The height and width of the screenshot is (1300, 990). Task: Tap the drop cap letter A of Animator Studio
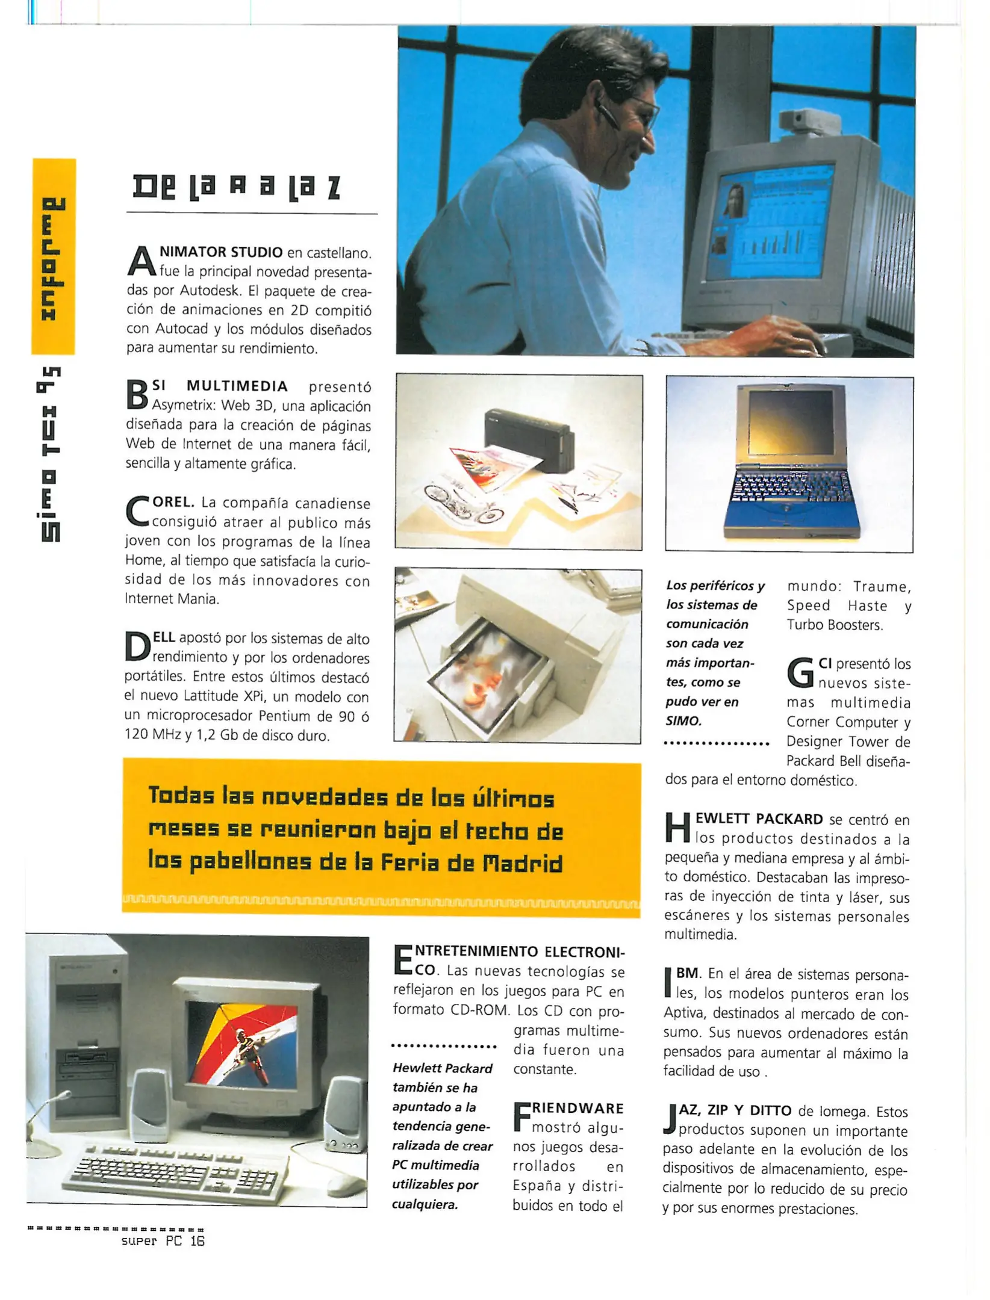pos(141,261)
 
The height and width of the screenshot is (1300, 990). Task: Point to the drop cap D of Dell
pos(137,646)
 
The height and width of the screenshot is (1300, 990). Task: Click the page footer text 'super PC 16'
pos(163,1240)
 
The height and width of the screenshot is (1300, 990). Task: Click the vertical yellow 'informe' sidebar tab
pos(54,257)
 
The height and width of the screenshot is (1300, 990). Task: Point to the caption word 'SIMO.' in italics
pos(683,720)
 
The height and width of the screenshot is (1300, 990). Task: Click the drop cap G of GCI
pos(800,673)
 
